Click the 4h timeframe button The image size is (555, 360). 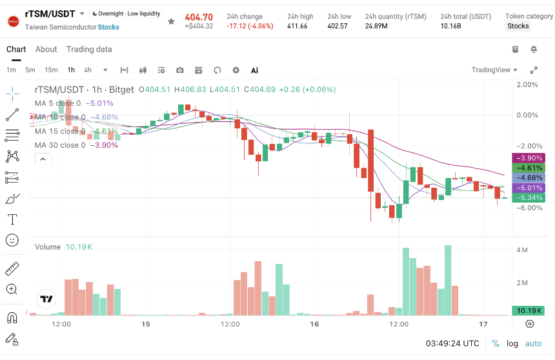point(88,70)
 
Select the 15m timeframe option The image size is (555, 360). point(52,70)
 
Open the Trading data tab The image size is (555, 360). point(89,49)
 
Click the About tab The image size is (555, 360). point(46,49)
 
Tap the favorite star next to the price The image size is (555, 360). point(171,21)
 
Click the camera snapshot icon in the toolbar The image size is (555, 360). point(180,70)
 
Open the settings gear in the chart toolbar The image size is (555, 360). point(236,70)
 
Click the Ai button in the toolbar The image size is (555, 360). point(254,70)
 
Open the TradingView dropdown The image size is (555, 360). point(494,70)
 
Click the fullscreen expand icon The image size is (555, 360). point(534,70)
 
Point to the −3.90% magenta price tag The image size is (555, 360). point(529,158)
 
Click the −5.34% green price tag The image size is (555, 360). point(529,197)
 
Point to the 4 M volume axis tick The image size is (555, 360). point(521,250)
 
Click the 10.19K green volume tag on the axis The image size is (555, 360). point(529,310)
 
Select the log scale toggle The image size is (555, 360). point(512,343)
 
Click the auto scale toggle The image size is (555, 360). point(534,343)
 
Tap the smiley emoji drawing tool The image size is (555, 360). point(12,241)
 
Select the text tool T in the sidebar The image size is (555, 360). point(12,219)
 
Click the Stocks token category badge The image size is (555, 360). point(518,26)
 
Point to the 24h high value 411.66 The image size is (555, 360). point(298,26)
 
